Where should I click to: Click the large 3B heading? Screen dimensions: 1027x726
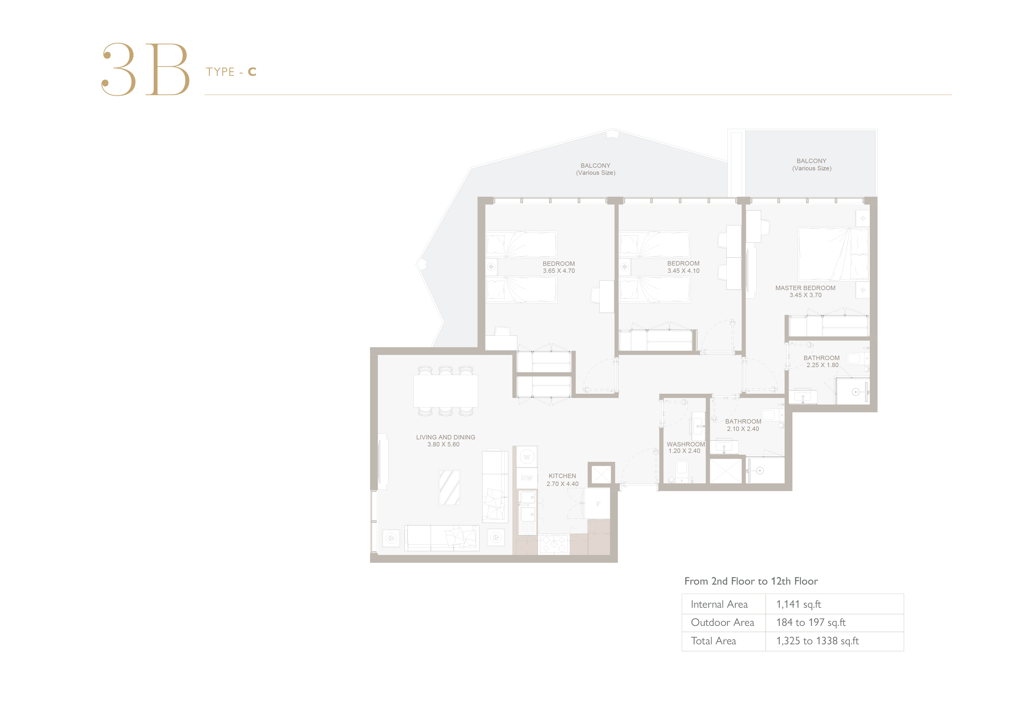[146, 69]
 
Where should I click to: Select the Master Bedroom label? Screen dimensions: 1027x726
[805, 288]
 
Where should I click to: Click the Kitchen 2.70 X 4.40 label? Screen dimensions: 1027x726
[562, 480]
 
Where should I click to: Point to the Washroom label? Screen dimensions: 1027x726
[686, 444]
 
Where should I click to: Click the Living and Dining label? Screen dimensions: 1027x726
[446, 437]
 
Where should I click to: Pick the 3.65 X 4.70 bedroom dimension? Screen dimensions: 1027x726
[559, 270]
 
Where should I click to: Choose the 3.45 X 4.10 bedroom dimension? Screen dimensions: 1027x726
[684, 270]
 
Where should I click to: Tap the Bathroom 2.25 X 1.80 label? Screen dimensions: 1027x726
[822, 362]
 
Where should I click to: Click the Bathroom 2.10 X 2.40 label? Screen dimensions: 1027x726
[743, 425]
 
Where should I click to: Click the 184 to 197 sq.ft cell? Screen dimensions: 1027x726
[811, 623]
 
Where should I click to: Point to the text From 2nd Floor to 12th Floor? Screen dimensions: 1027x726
[751, 581]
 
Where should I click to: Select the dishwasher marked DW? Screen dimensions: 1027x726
[527, 478]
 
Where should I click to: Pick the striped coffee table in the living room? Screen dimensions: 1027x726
[450, 488]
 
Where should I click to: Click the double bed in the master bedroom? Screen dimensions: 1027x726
[833, 254]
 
